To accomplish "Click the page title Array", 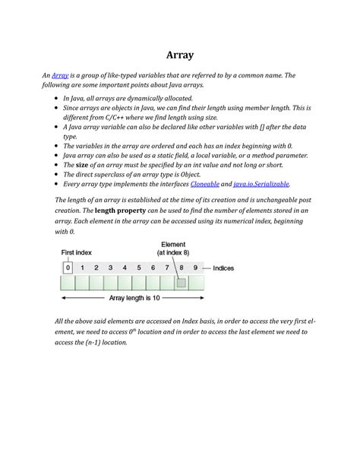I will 180,55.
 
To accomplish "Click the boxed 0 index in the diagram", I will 68,268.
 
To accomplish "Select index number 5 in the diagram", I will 139,268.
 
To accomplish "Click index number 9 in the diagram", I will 196,268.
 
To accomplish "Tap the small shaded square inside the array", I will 182,283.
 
